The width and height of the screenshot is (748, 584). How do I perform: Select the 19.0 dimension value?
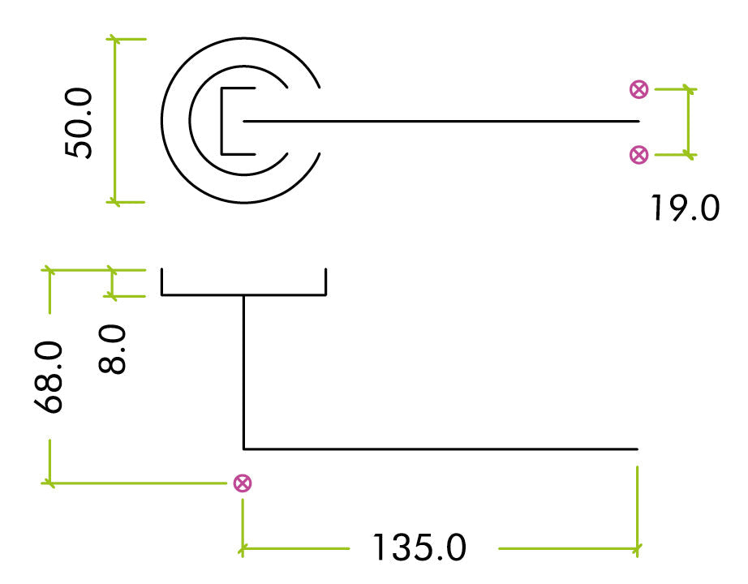[685, 208]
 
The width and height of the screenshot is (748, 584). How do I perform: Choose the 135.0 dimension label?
[419, 548]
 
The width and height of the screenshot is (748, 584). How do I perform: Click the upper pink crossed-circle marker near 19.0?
[639, 89]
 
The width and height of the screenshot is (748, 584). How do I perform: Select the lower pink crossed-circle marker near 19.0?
[639, 154]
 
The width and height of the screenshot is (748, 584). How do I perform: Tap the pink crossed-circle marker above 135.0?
[242, 483]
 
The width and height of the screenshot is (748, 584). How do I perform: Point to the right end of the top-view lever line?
[639, 122]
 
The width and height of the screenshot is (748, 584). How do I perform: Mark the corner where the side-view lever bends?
[244, 448]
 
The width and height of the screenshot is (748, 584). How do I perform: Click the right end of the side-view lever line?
[637, 448]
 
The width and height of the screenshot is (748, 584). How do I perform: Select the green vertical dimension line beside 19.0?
[689, 122]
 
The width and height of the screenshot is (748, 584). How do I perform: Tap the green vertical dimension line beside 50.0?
[114, 120]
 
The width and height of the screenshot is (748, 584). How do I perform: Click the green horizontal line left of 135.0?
[296, 549]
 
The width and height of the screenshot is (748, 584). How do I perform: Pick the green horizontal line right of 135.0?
[568, 549]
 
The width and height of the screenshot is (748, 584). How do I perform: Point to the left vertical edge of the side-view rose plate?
[162, 281]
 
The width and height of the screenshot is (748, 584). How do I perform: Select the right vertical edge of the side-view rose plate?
[325, 281]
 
